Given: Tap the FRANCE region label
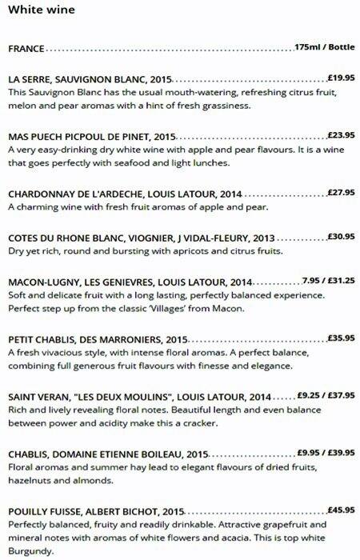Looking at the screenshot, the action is [x=26, y=49].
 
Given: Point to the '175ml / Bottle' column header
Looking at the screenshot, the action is [x=324, y=48].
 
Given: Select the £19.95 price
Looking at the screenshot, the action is [x=342, y=79].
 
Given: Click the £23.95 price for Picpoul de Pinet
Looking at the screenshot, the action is [x=342, y=136].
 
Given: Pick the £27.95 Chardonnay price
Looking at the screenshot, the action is [x=342, y=193].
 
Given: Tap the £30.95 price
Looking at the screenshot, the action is [x=342, y=238].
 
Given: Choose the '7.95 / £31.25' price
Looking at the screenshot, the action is [x=329, y=282].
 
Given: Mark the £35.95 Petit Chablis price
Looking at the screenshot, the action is [x=342, y=338].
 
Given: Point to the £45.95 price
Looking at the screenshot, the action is [x=342, y=510].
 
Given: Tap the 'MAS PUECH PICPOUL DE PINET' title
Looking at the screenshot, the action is [x=78, y=137].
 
